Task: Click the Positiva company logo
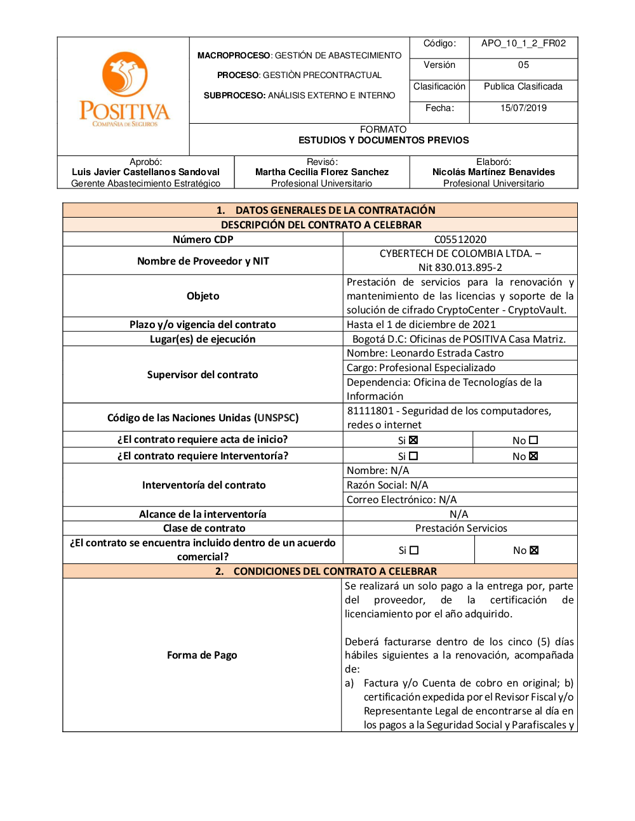tap(124, 89)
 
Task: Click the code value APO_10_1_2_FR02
tap(523, 44)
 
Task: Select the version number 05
tap(523, 65)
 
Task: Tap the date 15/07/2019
tap(523, 108)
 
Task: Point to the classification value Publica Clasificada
tap(523, 87)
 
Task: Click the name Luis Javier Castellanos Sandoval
tap(145, 172)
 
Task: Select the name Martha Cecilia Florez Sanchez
tap(322, 172)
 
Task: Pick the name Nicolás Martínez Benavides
tap(493, 172)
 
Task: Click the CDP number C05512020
tap(460, 240)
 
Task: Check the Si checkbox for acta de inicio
tap(413, 440)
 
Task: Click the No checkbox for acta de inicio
tap(533, 440)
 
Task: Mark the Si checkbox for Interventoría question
tap(413, 456)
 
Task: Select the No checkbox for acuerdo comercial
tap(534, 551)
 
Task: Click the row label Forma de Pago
tap(202, 655)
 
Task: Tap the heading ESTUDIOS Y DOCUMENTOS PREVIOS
tap(384, 140)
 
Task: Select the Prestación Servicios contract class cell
tap(461, 529)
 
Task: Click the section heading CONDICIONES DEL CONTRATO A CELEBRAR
tap(335, 572)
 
